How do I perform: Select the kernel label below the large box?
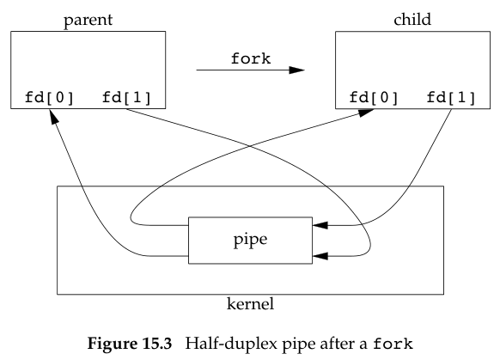[x=251, y=303]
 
